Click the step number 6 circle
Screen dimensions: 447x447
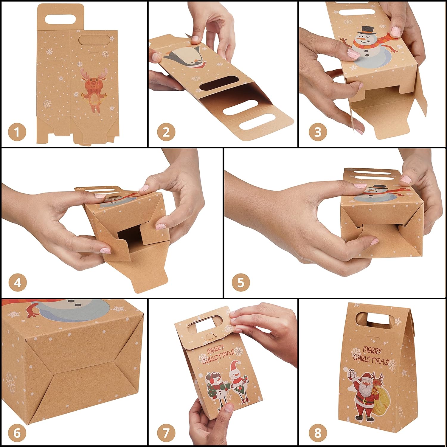pyautogui.click(x=17, y=433)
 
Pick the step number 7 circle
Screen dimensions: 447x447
pyautogui.click(x=166, y=433)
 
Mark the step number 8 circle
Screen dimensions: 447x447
pyautogui.click(x=318, y=433)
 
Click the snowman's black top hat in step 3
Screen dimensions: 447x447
pyautogui.click(x=366, y=30)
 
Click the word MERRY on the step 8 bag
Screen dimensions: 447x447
pyautogui.click(x=372, y=350)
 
